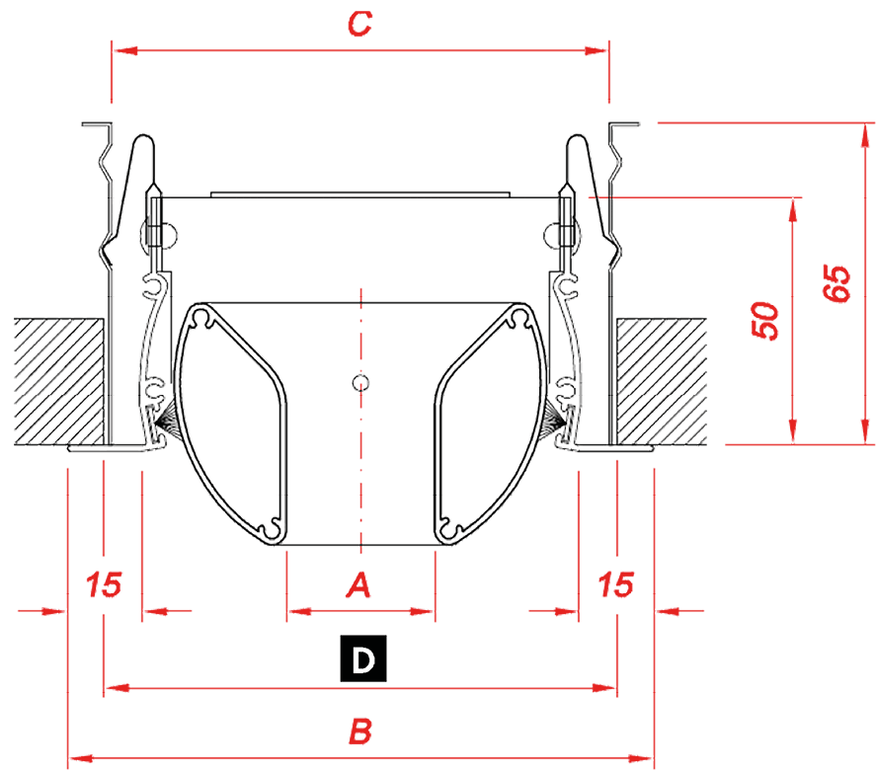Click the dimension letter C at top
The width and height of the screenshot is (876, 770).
[x=359, y=24]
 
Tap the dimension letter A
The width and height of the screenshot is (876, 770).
[x=358, y=585]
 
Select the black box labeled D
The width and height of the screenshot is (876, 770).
[x=363, y=658]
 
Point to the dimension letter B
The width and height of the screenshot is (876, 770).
[x=360, y=731]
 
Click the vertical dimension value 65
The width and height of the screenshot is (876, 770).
[x=836, y=283]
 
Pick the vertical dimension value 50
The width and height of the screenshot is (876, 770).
[x=764, y=321]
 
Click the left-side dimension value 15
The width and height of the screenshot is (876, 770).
[x=104, y=584]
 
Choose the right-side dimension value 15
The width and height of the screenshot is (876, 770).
[x=615, y=584]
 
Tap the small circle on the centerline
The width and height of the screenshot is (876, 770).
[x=360, y=382]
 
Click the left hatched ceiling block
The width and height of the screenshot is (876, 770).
[x=58, y=382]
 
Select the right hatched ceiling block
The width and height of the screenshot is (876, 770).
[x=662, y=382]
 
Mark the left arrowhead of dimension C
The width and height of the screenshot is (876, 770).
[x=125, y=50]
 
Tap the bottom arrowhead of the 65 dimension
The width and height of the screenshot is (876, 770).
[x=865, y=432]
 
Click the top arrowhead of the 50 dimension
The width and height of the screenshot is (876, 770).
[x=793, y=210]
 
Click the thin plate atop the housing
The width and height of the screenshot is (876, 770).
[x=360, y=194]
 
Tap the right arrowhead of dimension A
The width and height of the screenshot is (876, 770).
[x=423, y=611]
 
